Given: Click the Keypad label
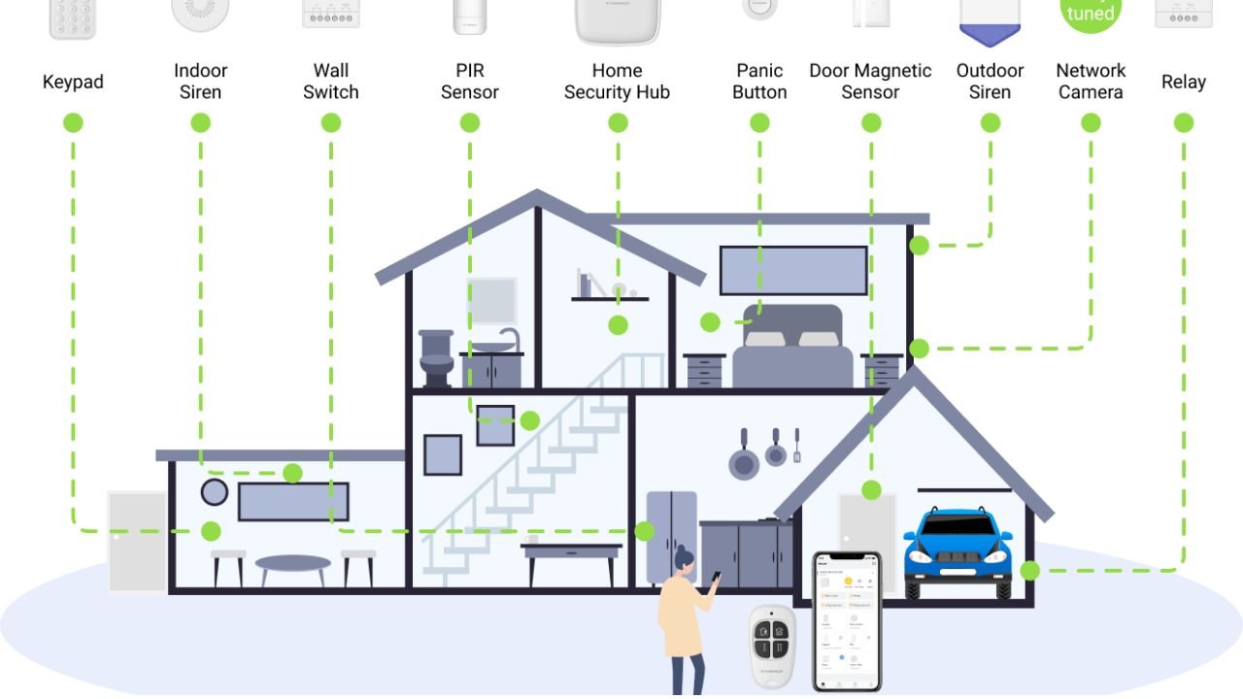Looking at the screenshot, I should (73, 82).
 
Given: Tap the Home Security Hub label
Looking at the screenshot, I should (617, 82).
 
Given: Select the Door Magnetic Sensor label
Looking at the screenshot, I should (870, 82).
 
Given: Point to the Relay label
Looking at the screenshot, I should (1183, 82).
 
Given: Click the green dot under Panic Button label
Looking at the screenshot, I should (759, 123).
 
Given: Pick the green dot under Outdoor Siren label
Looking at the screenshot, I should (990, 123).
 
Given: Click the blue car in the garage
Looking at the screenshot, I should (957, 550).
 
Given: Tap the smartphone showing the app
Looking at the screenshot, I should (847, 621).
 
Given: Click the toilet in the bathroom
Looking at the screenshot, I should (436, 358).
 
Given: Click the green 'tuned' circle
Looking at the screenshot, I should (1091, 12).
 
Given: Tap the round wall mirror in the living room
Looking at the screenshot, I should (215, 491).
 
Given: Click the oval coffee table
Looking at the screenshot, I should (292, 564).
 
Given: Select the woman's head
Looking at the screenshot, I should (685, 560).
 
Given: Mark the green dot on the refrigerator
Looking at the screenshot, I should (644, 531).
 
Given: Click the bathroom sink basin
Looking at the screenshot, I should (494, 346).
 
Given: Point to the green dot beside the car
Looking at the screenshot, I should (1029, 571).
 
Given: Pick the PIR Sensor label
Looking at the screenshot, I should (469, 82).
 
